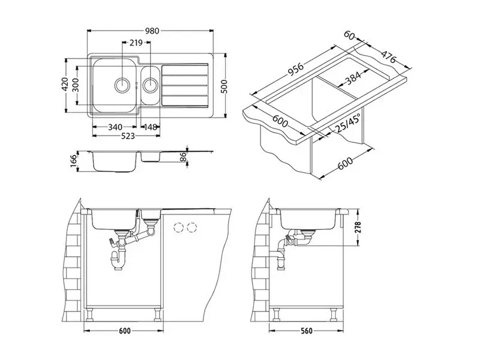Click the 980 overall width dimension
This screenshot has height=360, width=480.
(152, 31)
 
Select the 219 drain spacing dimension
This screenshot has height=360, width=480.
(136, 43)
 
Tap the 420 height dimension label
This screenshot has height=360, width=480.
(65, 85)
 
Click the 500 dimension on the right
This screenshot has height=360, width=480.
(224, 86)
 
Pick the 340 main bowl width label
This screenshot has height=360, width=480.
(115, 127)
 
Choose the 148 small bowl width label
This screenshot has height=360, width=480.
(150, 127)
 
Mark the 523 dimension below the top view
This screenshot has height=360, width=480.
(128, 136)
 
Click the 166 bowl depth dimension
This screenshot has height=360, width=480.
(73, 161)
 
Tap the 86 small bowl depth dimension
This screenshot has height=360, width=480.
(183, 157)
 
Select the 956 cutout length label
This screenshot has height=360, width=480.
(295, 70)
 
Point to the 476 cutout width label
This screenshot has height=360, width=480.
(388, 56)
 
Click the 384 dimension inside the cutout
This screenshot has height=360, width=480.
(353, 78)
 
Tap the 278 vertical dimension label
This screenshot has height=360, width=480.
(358, 227)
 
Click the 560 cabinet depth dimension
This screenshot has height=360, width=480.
(307, 331)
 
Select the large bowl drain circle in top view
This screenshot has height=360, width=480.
(122, 85)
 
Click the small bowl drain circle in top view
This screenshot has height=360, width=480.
(151, 85)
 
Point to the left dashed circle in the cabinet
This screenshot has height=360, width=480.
(178, 227)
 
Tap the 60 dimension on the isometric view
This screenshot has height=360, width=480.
(349, 35)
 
